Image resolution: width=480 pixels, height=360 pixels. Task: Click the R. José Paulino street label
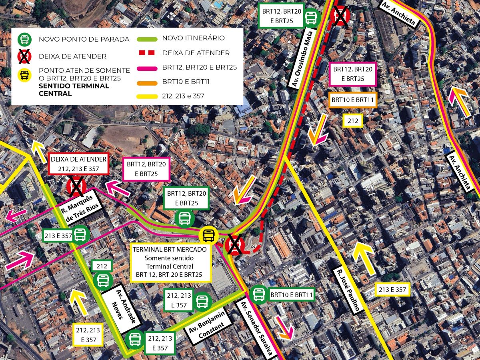point(348,290)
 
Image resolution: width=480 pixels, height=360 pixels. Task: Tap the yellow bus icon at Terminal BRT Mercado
point(208,235)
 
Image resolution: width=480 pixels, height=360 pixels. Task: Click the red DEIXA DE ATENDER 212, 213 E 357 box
point(78,164)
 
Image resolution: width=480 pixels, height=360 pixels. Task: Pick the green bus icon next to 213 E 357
point(80,235)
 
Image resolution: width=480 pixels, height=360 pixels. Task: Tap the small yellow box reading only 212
point(352,120)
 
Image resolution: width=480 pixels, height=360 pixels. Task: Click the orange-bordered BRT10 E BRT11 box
point(353,100)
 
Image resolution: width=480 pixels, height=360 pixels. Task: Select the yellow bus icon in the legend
point(25,76)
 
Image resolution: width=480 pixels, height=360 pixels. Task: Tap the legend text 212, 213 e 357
point(183,96)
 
